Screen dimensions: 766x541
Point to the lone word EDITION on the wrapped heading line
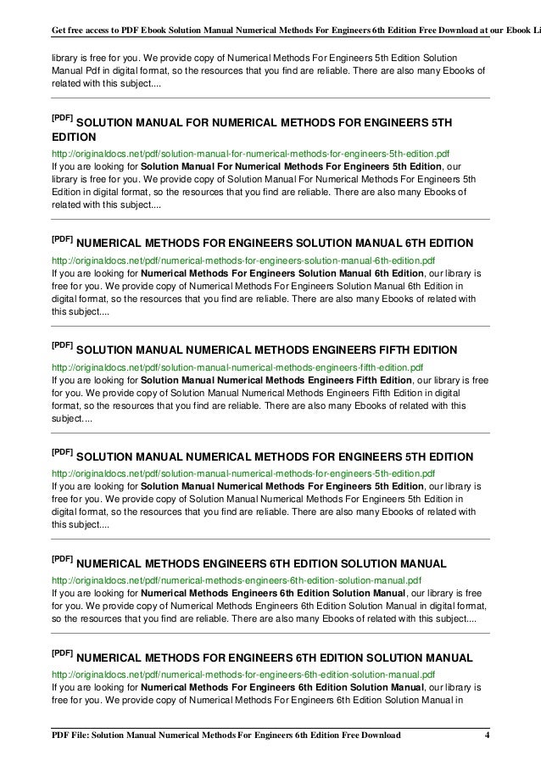[x=75, y=137]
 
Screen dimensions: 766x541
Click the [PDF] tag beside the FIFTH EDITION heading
[x=62, y=346]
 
